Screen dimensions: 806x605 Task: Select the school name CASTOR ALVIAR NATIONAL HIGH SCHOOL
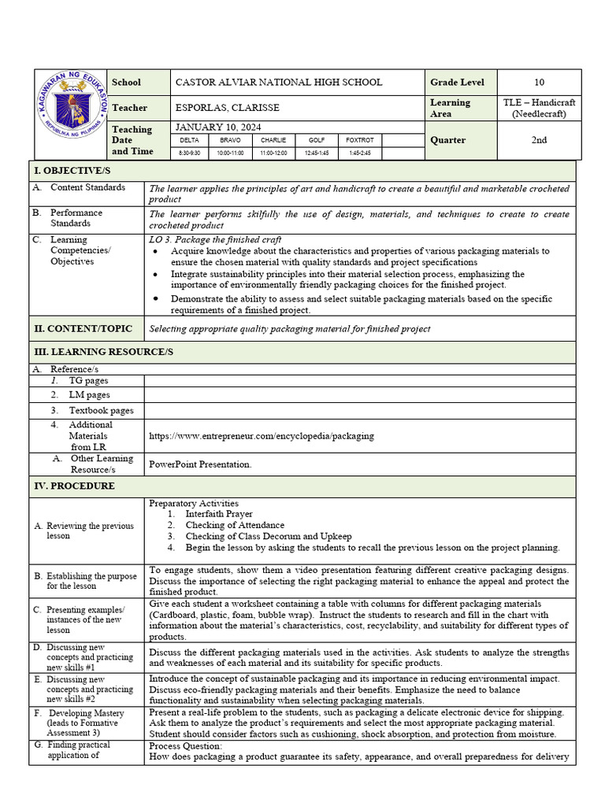point(278,83)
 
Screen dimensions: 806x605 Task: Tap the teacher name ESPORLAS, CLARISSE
point(227,108)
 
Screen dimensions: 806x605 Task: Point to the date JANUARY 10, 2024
point(218,128)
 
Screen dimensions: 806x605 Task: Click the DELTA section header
point(190,140)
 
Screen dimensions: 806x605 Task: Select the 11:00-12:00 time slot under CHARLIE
point(273,153)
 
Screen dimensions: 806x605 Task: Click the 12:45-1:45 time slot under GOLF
point(317,153)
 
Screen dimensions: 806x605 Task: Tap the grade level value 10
point(539,83)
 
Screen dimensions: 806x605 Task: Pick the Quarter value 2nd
point(539,140)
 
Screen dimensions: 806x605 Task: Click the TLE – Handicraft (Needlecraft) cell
point(539,108)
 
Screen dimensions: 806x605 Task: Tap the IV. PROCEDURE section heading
point(73,486)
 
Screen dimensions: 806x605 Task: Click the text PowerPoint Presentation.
point(200,464)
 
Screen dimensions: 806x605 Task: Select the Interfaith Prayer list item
point(219,514)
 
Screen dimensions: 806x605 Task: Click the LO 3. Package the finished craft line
point(215,239)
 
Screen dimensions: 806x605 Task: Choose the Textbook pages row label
point(101,410)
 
